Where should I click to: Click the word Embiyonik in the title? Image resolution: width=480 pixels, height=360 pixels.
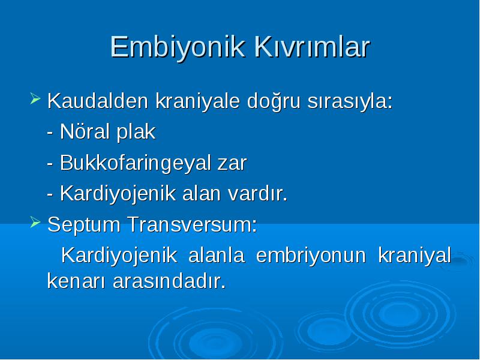pyautogui.click(x=178, y=47)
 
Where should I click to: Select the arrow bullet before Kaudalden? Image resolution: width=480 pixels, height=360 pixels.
pyautogui.click(x=35, y=98)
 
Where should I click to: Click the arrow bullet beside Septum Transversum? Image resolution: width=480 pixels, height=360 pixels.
pyautogui.click(x=35, y=222)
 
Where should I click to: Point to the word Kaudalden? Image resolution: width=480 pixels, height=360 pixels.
pyautogui.click(x=98, y=100)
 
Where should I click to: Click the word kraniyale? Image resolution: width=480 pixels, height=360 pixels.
pyautogui.click(x=197, y=101)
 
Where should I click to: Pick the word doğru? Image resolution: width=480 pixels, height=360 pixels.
pyautogui.click(x=274, y=101)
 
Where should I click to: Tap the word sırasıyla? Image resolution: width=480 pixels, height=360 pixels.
pyautogui.click(x=350, y=101)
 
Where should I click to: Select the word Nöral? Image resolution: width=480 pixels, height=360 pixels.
pyautogui.click(x=85, y=131)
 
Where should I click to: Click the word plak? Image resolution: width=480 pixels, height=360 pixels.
pyautogui.click(x=136, y=132)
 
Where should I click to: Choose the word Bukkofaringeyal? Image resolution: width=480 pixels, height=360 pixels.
pyautogui.click(x=135, y=163)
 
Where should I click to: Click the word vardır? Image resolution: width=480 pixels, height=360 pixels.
pyautogui.click(x=258, y=193)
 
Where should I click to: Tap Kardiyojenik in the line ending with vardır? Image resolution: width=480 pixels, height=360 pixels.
pyautogui.click(x=118, y=194)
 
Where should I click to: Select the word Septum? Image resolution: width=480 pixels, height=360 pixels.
pyautogui.click(x=83, y=225)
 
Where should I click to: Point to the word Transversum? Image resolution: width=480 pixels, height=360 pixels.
pyautogui.click(x=192, y=224)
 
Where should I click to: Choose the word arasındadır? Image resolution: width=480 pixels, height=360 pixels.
pyautogui.click(x=169, y=280)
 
